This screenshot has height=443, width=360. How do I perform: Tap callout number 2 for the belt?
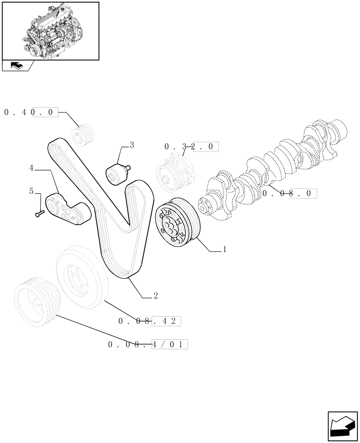(155, 295)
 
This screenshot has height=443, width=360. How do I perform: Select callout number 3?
(132, 144)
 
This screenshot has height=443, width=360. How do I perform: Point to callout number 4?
(31, 168)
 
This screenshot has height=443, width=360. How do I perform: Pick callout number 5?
(31, 191)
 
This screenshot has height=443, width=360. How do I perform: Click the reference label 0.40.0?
(31, 113)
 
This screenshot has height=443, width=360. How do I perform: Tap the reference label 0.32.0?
(191, 146)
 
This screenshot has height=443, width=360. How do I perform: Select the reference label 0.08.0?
(290, 193)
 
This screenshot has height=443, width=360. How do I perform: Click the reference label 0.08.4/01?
(148, 344)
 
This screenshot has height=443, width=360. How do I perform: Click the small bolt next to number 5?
(39, 214)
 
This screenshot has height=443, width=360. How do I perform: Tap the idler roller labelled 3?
(117, 173)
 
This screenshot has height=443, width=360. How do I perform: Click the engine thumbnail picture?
(50, 31)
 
